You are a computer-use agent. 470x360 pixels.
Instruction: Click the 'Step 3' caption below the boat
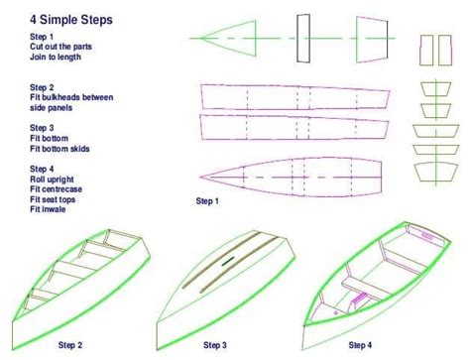point(215,345)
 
